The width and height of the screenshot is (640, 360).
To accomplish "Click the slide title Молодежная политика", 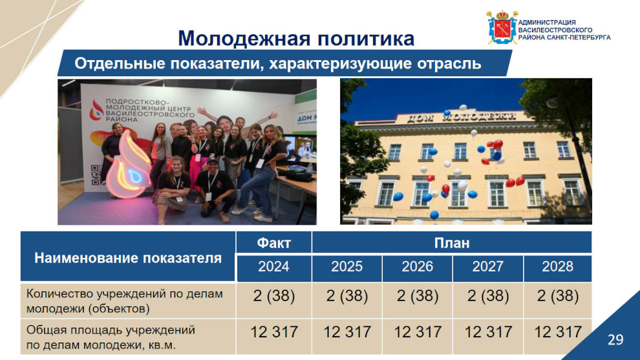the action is click(x=296, y=39).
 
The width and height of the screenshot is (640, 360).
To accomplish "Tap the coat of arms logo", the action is click(x=502, y=27).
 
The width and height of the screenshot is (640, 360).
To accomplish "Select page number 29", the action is click(x=615, y=339).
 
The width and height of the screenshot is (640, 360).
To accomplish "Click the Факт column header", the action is click(x=273, y=243).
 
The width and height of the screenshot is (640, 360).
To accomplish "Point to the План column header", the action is click(x=451, y=243).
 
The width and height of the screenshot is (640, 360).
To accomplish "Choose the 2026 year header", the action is click(x=417, y=267).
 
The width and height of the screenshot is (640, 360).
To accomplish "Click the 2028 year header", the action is click(x=557, y=267).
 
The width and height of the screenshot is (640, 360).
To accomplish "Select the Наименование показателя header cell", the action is click(x=128, y=258).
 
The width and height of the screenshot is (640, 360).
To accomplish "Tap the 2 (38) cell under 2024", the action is click(x=273, y=296).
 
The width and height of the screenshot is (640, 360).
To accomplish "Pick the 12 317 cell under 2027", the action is click(x=488, y=332).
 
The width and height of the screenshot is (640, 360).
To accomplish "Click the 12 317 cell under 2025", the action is click(x=347, y=332).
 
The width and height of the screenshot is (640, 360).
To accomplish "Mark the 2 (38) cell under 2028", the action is click(x=557, y=296).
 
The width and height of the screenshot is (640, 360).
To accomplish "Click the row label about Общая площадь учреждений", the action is click(x=111, y=337).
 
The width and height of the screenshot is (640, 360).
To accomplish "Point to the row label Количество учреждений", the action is click(x=125, y=301).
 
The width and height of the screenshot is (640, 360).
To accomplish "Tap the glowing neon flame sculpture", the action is click(x=129, y=166).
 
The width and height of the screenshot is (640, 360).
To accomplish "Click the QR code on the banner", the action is click(x=96, y=175).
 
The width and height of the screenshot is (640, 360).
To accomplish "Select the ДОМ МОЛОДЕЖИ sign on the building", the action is click(x=461, y=117).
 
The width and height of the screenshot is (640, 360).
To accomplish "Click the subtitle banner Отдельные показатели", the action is click(x=277, y=64).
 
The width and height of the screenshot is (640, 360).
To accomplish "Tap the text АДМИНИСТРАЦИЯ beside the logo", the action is click(x=547, y=23).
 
